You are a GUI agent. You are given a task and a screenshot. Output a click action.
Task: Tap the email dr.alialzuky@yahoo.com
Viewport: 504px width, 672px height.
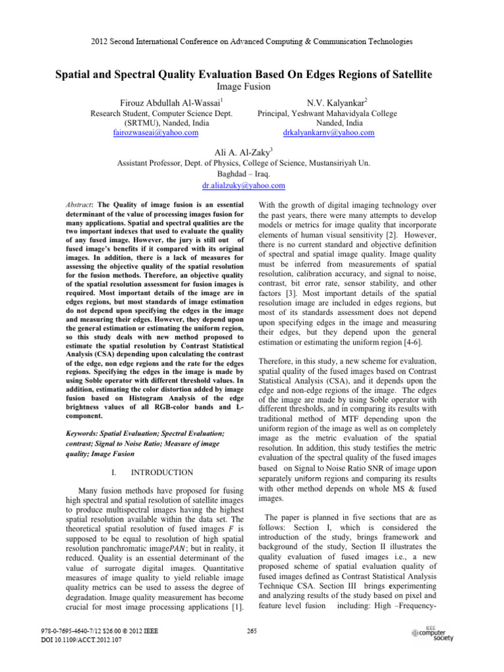tap(252, 186)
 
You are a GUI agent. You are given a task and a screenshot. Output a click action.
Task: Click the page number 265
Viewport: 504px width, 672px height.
tap(252, 631)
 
